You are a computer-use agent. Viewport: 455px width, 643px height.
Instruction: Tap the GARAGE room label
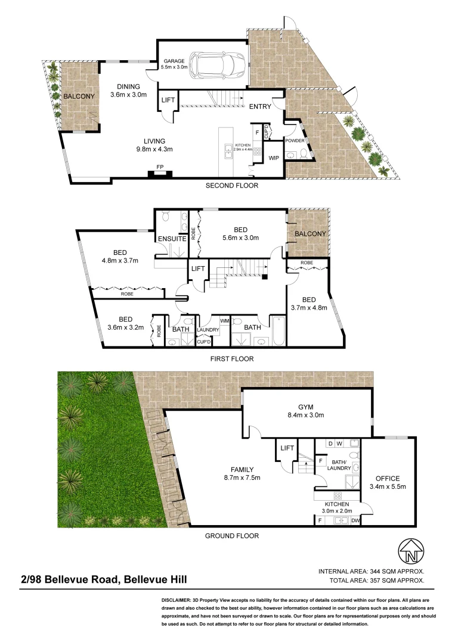point(174,61)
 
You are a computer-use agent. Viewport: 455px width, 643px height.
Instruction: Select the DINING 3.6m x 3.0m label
point(128,90)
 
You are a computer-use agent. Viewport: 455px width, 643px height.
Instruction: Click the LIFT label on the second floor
point(168,100)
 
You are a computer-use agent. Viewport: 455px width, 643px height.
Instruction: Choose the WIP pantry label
point(274,158)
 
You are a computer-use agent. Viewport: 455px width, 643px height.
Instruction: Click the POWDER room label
point(295,141)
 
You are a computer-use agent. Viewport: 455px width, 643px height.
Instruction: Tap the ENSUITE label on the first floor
point(172,239)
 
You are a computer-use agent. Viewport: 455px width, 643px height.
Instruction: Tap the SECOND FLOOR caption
point(232,186)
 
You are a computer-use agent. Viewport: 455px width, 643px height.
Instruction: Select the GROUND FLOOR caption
point(232,536)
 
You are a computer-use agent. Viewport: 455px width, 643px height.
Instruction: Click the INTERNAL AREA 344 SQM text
point(372,570)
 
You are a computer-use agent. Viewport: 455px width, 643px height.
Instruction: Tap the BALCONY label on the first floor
point(310,234)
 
